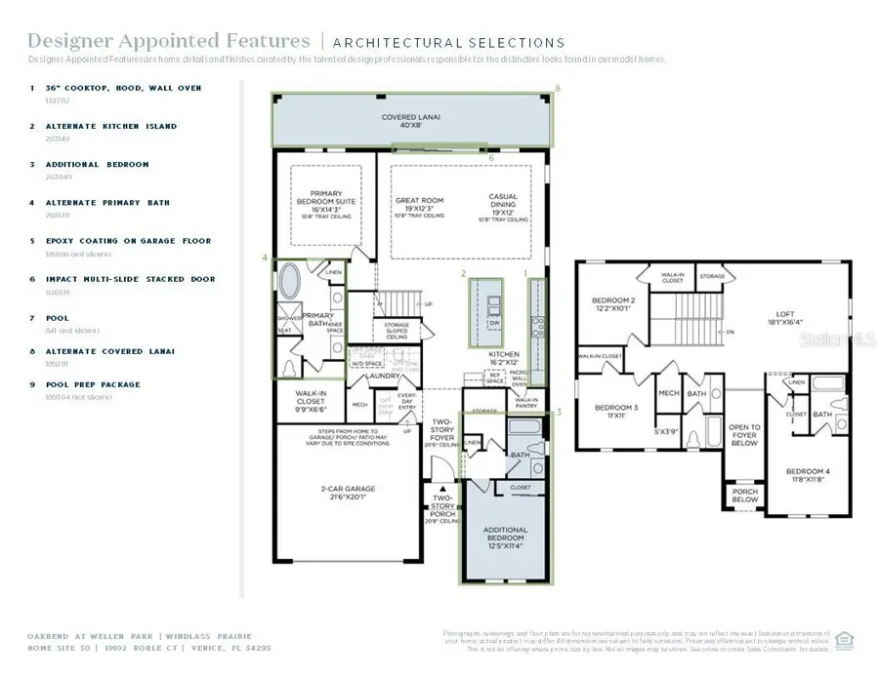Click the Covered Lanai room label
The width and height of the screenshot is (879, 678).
click(x=410, y=121)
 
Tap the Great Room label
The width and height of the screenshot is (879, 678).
click(x=419, y=206)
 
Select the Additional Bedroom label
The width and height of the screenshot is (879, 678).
click(x=505, y=535)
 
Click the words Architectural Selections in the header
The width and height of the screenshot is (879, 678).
click(x=448, y=42)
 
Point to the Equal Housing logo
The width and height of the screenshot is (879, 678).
click(x=845, y=639)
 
